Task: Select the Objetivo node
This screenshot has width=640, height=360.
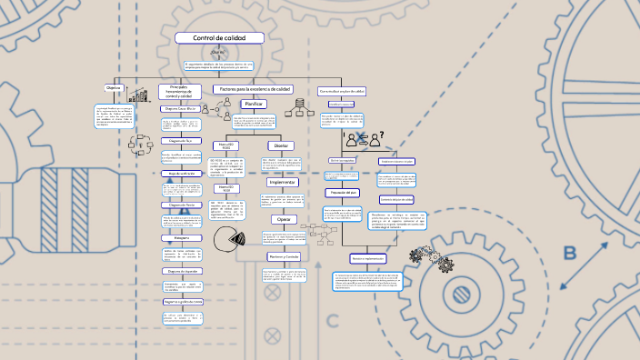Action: pyautogui.click(x=114, y=88)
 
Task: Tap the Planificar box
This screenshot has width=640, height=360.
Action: pyautogui.click(x=253, y=105)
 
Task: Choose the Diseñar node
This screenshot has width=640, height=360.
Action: pyautogui.click(x=281, y=145)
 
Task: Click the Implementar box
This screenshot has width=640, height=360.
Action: pyautogui.click(x=283, y=182)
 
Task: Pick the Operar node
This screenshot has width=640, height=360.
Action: pyautogui.click(x=284, y=219)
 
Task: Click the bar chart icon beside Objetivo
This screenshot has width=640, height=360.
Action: pyautogui.click(x=139, y=95)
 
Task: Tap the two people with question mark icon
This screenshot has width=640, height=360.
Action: pyautogui.click(x=364, y=138)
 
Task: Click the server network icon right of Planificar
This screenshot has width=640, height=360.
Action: pyautogui.click(x=295, y=111)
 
